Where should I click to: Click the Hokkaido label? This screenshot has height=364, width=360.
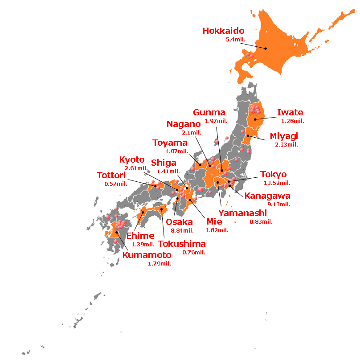[x=223, y=31]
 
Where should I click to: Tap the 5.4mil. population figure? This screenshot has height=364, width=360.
[x=236, y=40]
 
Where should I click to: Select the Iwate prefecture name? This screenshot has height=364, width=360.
[x=290, y=113]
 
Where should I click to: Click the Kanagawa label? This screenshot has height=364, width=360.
[x=267, y=196]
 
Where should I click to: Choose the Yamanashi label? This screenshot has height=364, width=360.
[x=242, y=213]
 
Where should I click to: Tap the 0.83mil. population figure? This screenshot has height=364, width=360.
[x=261, y=221]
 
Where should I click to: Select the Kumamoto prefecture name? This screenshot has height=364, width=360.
[x=147, y=255]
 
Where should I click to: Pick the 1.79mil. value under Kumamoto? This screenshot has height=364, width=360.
[x=160, y=264]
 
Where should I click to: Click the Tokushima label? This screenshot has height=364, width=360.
[x=182, y=244]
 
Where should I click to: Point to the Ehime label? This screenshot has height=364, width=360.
[x=140, y=236]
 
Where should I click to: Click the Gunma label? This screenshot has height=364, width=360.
[x=209, y=112]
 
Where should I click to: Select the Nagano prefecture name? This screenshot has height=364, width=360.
[x=184, y=124]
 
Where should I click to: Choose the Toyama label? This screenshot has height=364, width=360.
[x=170, y=143]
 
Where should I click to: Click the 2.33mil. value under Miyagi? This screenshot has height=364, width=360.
[x=286, y=144]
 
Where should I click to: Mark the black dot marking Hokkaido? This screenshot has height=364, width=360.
[x=265, y=49]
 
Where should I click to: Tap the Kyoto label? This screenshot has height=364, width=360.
[x=132, y=160]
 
